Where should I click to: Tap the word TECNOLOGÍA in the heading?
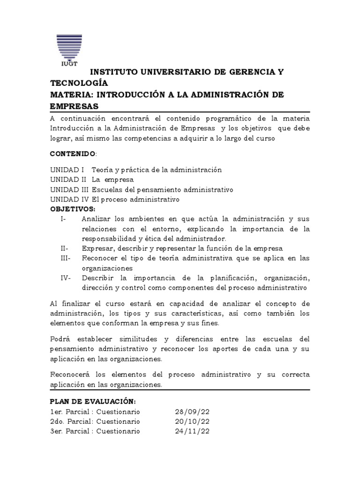(x=79, y=83)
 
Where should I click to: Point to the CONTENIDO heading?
(x=73, y=154)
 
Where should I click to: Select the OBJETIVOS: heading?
(x=72, y=209)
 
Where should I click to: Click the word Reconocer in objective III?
(x=100, y=258)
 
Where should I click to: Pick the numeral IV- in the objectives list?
(x=66, y=278)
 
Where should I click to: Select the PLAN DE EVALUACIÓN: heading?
(x=93, y=402)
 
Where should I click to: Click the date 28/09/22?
(x=192, y=412)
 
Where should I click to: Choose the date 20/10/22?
(x=192, y=421)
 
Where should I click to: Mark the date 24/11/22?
(x=192, y=431)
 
